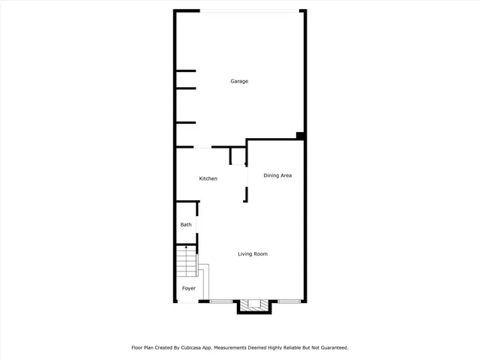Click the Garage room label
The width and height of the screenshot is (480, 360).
coord(239,81)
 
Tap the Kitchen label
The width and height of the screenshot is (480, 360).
coord(208,178)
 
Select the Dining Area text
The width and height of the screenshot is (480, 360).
coord(277,175)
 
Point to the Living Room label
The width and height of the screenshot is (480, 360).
coord(253,254)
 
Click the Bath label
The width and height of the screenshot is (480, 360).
coord(186,225)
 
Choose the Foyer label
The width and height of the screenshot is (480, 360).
coord(188,289)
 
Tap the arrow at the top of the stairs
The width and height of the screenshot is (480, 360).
coord(186,248)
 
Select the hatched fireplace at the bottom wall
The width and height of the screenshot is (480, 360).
coord(254,305)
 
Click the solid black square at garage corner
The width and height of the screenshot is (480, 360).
coord(300,136)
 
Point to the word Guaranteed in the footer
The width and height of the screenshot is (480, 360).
coord(330,348)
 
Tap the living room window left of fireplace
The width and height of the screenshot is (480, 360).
coord(221,301)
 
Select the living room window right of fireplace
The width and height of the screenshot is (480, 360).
coord(288,301)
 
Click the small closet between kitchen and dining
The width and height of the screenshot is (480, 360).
coord(238,156)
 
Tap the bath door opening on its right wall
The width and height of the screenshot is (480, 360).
coord(198,225)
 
